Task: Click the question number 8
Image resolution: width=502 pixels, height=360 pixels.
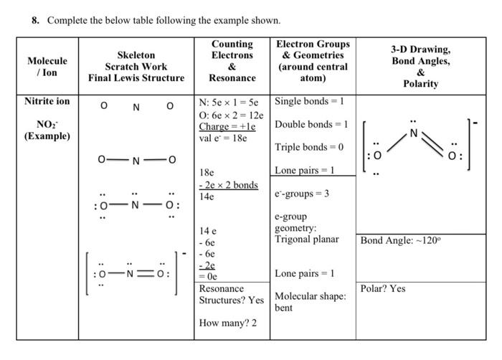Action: pyautogui.click(x=35, y=20)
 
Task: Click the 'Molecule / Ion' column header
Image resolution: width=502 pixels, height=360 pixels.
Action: pyautogui.click(x=47, y=67)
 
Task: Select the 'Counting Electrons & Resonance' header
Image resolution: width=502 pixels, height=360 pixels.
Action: pyautogui.click(x=232, y=61)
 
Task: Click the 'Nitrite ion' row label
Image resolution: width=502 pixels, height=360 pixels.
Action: pyautogui.click(x=47, y=101)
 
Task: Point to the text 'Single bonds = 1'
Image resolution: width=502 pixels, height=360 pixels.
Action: pyautogui.click(x=310, y=101)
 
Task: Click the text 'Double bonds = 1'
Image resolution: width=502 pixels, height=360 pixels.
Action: pyautogui.click(x=311, y=124)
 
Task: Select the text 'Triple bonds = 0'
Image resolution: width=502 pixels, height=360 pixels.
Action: pyautogui.click(x=309, y=147)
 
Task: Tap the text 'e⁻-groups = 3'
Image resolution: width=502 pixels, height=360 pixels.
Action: pyautogui.click(x=301, y=194)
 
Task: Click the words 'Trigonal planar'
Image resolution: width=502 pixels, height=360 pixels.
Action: pyautogui.click(x=307, y=239)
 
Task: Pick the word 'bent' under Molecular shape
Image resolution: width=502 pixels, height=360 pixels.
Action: pyautogui.click(x=284, y=308)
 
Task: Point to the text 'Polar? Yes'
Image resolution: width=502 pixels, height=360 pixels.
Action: pyautogui.click(x=383, y=288)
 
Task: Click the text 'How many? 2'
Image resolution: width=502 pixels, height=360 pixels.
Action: pyautogui.click(x=227, y=323)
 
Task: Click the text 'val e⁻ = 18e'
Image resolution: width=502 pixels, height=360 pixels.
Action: pyautogui.click(x=222, y=138)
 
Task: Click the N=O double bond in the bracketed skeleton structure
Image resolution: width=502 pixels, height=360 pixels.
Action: pyautogui.click(x=146, y=273)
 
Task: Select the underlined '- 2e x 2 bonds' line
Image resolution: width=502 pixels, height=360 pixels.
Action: pyautogui.click(x=228, y=185)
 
